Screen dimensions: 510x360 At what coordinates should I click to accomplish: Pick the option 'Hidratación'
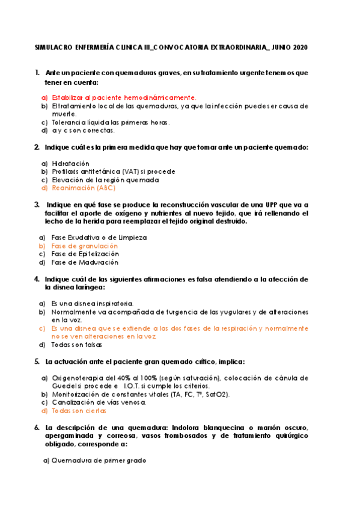pos(70,163)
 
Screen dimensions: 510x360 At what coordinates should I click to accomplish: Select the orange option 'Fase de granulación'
pos(84,246)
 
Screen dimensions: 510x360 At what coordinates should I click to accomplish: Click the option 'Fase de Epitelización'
pos(85,254)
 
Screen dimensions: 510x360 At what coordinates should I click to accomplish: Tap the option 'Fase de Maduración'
pos(84,262)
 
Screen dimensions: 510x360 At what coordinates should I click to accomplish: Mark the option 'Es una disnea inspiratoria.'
pos(92,304)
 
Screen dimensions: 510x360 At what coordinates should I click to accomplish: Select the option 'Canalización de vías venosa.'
pos(99,402)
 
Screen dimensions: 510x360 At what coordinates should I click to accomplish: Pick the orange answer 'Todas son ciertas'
pos(79,411)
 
